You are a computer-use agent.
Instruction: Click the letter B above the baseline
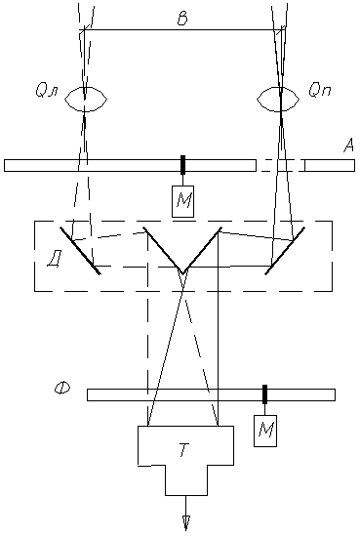pyautogui.click(x=182, y=20)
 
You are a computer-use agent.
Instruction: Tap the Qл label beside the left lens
pyautogui.click(x=47, y=91)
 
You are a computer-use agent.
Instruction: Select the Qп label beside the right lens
pyautogui.click(x=320, y=90)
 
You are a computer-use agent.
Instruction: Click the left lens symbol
pyautogui.click(x=86, y=100)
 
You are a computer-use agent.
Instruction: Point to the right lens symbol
pyautogui.click(x=278, y=100)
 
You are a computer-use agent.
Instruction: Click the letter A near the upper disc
pyautogui.click(x=348, y=146)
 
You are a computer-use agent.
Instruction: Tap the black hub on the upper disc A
pyautogui.click(x=182, y=164)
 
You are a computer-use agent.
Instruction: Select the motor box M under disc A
pyautogui.click(x=182, y=201)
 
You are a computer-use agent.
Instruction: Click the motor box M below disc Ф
pyautogui.click(x=265, y=431)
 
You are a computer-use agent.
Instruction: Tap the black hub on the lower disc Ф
pyautogui.click(x=264, y=394)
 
